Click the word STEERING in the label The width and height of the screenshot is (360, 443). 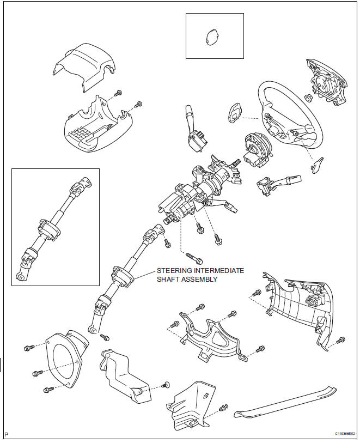point(175,270)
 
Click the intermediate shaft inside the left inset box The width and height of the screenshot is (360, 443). point(54,226)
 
